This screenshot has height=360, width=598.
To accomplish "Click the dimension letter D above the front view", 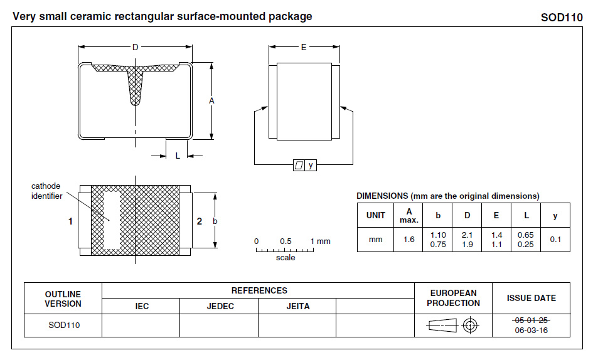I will [135, 48].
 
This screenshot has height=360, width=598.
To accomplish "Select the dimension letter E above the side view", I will [304, 48].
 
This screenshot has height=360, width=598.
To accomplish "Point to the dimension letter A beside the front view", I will [212, 101].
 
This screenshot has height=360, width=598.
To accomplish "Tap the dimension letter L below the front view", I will [178, 156].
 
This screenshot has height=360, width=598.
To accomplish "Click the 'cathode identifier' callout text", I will [46, 191].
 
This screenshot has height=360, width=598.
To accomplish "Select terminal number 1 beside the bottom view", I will [71, 221].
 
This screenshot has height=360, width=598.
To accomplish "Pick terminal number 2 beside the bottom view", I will [200, 221].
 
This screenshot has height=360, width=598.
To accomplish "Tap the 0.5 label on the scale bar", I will [286, 241].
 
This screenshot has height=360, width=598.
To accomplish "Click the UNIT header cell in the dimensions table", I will [375, 215].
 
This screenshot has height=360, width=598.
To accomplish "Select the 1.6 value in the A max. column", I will [408, 240].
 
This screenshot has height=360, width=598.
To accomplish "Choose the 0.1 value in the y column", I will [555, 240].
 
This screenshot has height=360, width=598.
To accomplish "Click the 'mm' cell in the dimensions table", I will [375, 240].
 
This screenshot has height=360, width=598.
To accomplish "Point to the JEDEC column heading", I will [220, 307].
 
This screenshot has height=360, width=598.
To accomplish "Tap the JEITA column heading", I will [298, 307].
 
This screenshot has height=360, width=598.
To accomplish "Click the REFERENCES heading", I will [259, 290].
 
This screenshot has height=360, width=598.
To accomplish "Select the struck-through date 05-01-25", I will [531, 320].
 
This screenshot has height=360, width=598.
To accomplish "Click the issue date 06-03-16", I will [531, 330].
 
